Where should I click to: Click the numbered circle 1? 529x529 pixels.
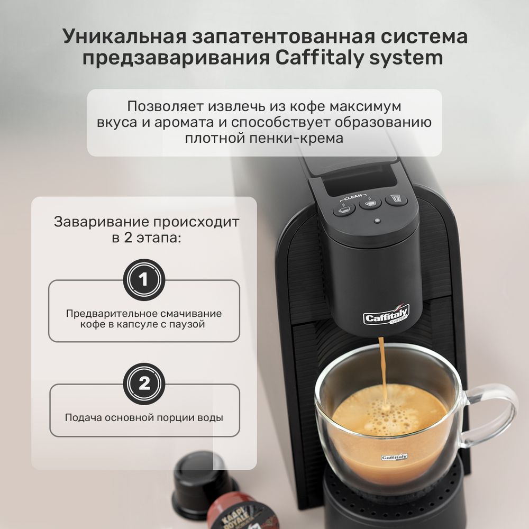tap(144, 279)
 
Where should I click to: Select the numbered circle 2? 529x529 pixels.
tap(144, 384)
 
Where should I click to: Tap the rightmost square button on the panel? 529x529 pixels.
tap(396, 199)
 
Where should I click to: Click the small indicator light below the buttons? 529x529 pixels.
tap(376, 221)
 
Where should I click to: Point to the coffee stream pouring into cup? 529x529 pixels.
tap(382, 370)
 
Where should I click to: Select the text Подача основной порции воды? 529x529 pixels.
tap(144, 417)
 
